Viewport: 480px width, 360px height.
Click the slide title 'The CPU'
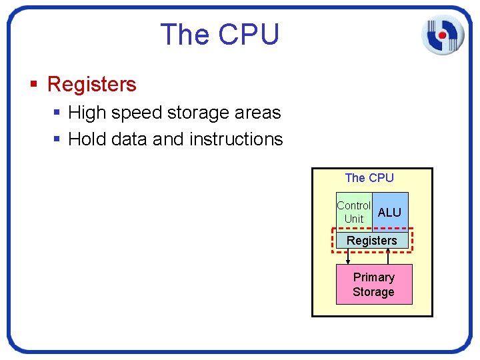219,35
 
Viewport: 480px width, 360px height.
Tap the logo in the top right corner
442,34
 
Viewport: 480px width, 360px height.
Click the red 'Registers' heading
92,85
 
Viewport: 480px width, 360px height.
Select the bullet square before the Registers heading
34,85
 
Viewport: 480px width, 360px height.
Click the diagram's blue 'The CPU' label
369,178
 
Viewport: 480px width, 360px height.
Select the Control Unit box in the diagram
353,212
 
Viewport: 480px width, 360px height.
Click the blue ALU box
390,212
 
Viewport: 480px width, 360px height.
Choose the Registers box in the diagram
372,240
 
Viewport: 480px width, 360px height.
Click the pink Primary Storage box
373,285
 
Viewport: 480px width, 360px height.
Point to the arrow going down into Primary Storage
348,257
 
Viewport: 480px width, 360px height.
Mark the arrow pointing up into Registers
388,257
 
